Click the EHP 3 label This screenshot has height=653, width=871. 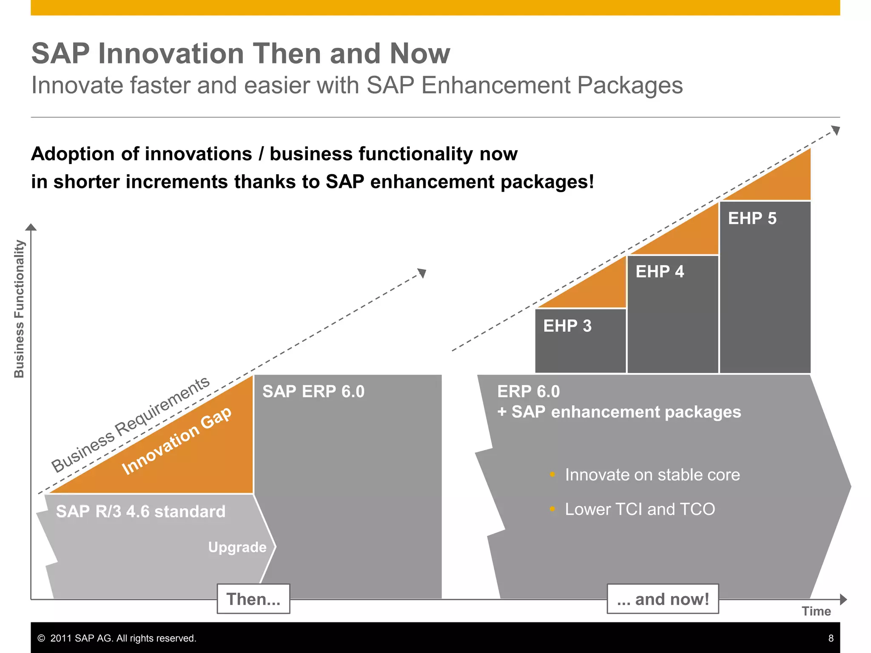coord(567,326)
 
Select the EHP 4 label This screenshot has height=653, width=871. coord(659,272)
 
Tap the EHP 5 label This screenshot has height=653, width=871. coord(752,219)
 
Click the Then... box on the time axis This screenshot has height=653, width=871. coord(253,599)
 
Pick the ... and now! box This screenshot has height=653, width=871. coord(663,599)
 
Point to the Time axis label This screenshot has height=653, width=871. coord(816,611)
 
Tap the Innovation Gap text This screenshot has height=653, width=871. coord(176,440)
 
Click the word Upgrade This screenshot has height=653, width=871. coord(237,547)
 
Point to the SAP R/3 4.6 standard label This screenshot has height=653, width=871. coord(140,511)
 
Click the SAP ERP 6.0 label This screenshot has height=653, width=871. coord(313,392)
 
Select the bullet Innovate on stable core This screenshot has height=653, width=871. coord(652,475)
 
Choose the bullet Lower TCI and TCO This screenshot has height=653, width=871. coord(640,509)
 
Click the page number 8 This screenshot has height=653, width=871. coord(831,638)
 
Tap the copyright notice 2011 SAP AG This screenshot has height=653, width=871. coord(117,638)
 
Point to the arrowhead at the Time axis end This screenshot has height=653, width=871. coord(843,599)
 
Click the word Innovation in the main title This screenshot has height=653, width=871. coord(171,54)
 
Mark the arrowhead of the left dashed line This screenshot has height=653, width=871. coord(422,273)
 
